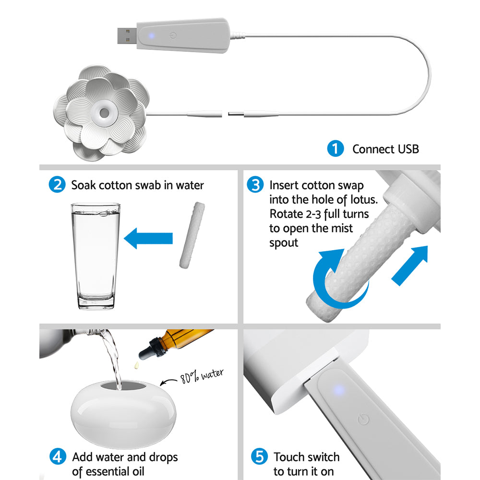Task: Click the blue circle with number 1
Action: [335, 149]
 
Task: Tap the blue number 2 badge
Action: [57, 185]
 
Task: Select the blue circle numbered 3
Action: [255, 185]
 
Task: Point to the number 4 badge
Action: [57, 456]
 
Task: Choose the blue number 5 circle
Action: [259, 456]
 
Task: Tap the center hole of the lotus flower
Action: [104, 113]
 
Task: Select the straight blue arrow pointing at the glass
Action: [148, 238]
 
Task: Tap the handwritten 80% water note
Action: [202, 377]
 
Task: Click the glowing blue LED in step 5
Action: [339, 389]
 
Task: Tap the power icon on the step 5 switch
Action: [364, 420]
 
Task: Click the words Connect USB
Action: [385, 149]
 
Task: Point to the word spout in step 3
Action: [283, 243]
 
